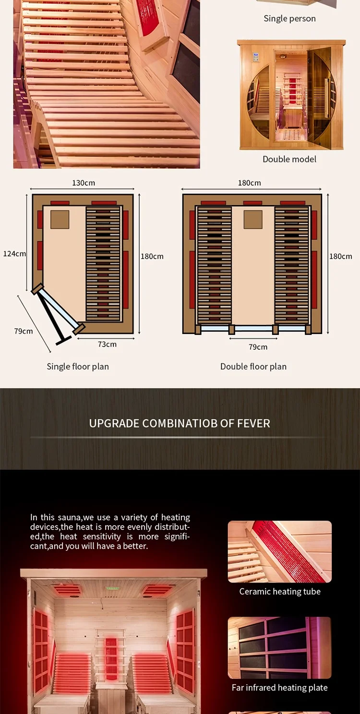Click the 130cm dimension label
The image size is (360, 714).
[84, 183]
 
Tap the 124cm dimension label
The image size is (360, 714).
[14, 253]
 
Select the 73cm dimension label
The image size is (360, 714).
[107, 344]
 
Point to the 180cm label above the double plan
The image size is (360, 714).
[250, 183]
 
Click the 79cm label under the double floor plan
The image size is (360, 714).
[258, 347]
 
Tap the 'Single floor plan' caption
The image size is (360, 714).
[78, 367]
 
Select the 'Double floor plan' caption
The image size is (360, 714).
[253, 367]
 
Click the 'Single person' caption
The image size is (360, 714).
[289, 19]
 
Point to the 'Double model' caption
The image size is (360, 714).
[289, 159]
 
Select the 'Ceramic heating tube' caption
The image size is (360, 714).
[280, 592]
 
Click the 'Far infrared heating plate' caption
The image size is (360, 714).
[280, 688]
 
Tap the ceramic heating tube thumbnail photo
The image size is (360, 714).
[280, 552]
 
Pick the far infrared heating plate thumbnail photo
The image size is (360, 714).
[280, 648]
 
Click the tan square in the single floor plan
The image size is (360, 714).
[60, 219]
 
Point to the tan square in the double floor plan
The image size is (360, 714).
[253, 219]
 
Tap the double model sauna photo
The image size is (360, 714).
[291, 95]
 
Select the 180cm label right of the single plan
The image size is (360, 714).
[152, 256]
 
